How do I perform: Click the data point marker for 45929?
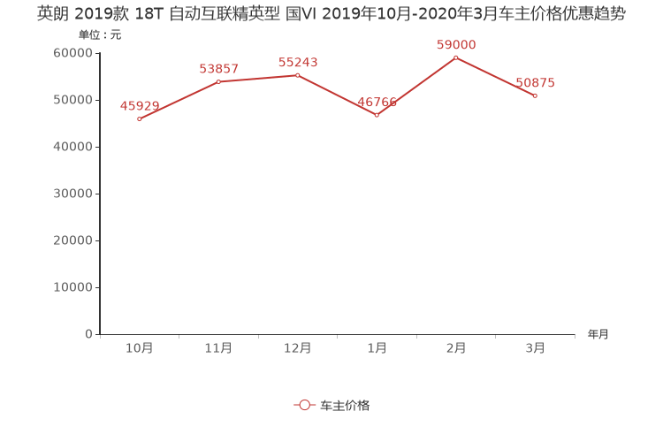(x=139, y=118)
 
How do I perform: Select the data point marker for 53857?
(x=218, y=81)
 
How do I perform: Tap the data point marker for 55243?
(x=297, y=75)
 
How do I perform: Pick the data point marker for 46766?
(x=377, y=115)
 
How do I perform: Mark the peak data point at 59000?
(x=455, y=57)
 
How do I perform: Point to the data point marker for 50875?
(x=535, y=95)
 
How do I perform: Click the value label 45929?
(x=140, y=106)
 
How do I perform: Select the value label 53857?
(x=218, y=69)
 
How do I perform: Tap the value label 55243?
(x=298, y=63)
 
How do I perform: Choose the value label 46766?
(x=377, y=103)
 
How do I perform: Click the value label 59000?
(x=456, y=45)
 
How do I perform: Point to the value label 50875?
(x=535, y=83)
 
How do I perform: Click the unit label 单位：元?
(x=99, y=35)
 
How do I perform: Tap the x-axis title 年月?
(x=598, y=334)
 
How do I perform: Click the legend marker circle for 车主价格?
(x=305, y=405)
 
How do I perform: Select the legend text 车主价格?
(x=345, y=405)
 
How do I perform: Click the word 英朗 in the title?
(x=52, y=14)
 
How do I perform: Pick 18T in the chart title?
(x=149, y=14)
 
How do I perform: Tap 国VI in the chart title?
(x=301, y=14)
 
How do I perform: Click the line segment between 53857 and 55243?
(x=258, y=78)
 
